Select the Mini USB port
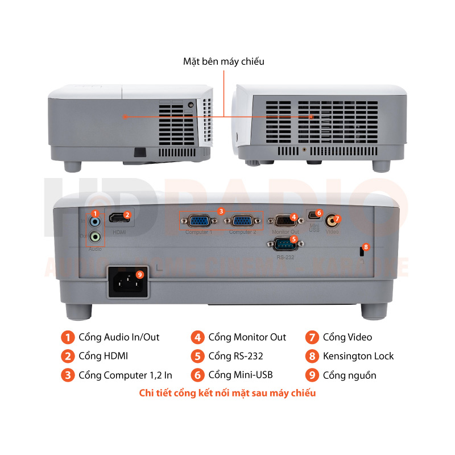pyautogui.click(x=313, y=218)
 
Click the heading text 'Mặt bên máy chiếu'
pyautogui.click(x=224, y=61)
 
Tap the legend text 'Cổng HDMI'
pyautogui.click(x=103, y=356)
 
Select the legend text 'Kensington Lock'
pyautogui.click(x=358, y=356)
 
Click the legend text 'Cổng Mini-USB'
pyautogui.click(x=240, y=375)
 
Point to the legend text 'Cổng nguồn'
pyautogui.click(x=349, y=375)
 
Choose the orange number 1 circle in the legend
pyautogui.click(x=68, y=337)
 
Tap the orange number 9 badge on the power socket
pyautogui.click(x=140, y=274)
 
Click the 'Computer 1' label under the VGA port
pyautogui.click(x=198, y=232)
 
